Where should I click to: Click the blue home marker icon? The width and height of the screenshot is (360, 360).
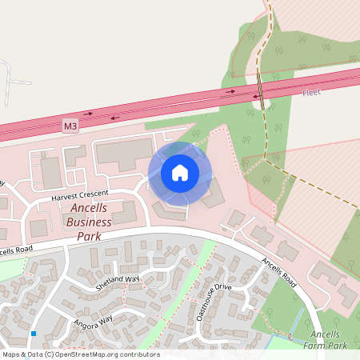(x=180, y=172)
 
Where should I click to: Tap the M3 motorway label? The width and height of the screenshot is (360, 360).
(x=71, y=126)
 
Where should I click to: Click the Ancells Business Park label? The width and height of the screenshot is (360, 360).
(x=89, y=222)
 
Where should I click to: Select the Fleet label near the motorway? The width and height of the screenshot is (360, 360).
(x=311, y=93)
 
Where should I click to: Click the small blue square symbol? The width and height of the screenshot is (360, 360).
(x=34, y=333)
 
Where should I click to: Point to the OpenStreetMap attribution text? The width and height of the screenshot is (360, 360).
(x=81, y=354)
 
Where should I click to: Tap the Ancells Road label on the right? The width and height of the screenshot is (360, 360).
(x=278, y=272)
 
